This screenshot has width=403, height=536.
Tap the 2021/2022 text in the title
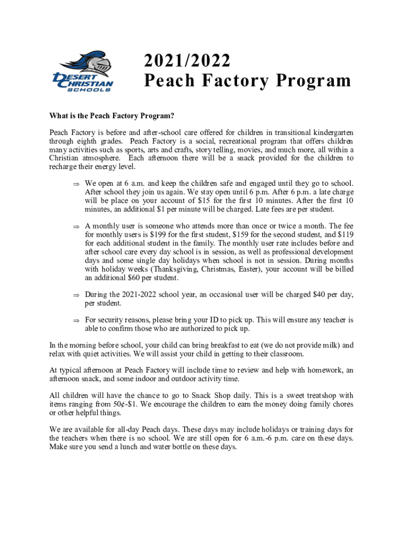pyautogui.click(x=187, y=61)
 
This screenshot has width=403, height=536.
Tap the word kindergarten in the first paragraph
pyautogui.click(x=329, y=133)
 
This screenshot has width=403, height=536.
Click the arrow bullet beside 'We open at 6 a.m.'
pyautogui.click(x=75, y=184)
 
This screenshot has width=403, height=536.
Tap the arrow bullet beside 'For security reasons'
pyautogui.click(x=75, y=320)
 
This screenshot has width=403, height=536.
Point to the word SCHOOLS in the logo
pyautogui.click(x=89, y=90)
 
